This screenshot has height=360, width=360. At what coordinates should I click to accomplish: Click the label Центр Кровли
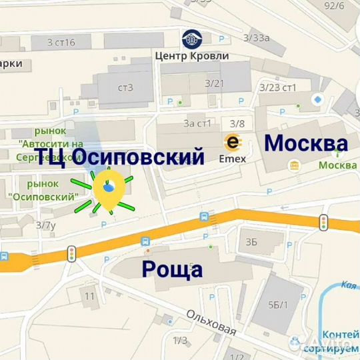191,55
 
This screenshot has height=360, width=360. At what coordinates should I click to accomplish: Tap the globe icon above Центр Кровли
191,39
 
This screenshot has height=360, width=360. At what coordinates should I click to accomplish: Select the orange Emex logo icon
233,142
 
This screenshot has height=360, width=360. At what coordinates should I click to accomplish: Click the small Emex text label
233,159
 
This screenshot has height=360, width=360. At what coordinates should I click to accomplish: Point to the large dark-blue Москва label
306,143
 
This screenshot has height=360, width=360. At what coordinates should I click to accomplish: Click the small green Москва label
337,165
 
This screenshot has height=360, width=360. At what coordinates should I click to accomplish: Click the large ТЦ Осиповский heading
119,157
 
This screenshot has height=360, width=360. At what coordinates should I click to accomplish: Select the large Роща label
172,270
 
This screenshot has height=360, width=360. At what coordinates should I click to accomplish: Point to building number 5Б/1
278,305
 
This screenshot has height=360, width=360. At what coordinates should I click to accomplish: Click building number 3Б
251,241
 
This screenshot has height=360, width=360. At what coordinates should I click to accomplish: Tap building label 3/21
214,83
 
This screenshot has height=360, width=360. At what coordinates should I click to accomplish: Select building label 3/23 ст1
278,87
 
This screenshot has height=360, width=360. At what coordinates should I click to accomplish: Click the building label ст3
125,87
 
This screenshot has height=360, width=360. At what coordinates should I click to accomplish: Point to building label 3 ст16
61,43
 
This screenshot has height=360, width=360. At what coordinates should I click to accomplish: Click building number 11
90,294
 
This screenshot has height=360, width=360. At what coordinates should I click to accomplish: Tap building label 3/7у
46,225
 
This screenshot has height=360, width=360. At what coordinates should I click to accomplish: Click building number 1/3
180,341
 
